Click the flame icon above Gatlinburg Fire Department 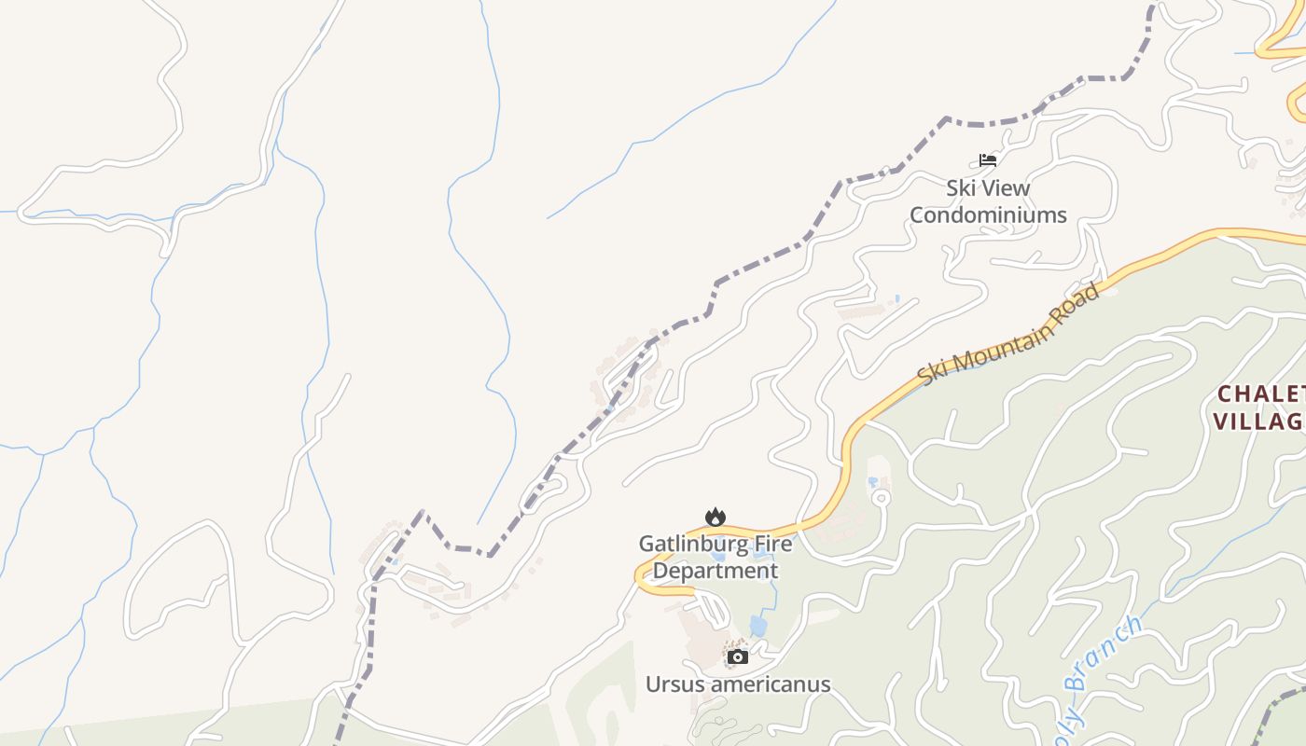(x=715, y=517)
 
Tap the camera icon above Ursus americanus (x=738, y=656)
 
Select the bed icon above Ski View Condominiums (x=988, y=160)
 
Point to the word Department (x=715, y=570)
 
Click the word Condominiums (x=988, y=214)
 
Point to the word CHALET (x=1260, y=394)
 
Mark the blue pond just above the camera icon (x=758, y=626)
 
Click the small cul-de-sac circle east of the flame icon (x=881, y=496)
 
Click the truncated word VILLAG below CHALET (x=1257, y=421)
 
